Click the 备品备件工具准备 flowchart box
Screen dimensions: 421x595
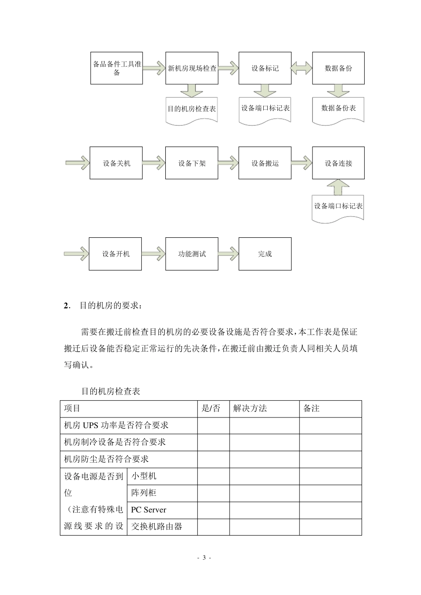[117, 68]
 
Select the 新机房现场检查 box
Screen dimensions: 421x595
[192, 68]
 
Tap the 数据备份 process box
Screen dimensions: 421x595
[338, 68]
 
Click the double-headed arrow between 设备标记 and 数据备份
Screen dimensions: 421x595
[302, 68]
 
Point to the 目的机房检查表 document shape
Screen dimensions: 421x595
[192, 109]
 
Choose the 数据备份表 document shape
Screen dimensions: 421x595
[338, 109]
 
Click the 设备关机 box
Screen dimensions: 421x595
[117, 163]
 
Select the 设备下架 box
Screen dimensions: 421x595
[192, 163]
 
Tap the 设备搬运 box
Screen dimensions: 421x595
[265, 163]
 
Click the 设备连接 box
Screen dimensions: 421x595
[338, 163]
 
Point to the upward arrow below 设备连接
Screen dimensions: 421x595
[338, 186]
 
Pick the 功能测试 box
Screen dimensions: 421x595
[192, 254]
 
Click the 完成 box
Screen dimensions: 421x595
[265, 254]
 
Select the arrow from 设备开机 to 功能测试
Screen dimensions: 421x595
[153, 254]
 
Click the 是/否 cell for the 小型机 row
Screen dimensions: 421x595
[213, 476]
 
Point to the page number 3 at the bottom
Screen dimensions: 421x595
[204, 557]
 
